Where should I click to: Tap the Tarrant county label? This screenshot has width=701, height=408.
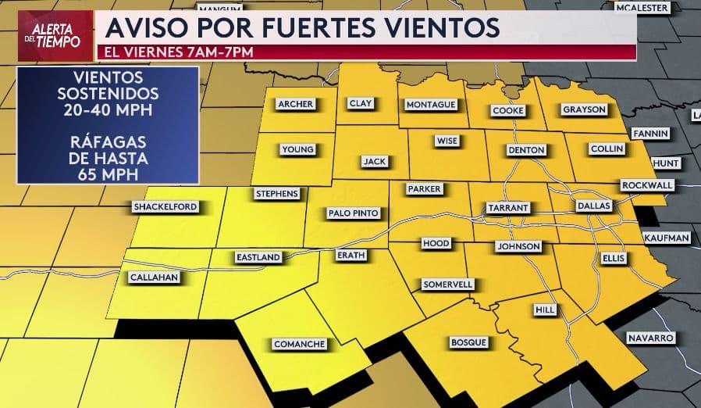(x=507, y=208)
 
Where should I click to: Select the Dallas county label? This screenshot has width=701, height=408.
(x=591, y=205)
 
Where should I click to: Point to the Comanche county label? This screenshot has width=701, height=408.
(x=298, y=344)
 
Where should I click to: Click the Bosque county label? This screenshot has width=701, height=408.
(x=468, y=342)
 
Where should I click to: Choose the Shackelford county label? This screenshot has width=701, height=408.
(x=165, y=207)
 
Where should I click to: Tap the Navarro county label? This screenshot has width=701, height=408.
(x=649, y=338)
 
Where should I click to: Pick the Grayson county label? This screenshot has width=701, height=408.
(x=584, y=109)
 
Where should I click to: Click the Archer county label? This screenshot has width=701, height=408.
(x=294, y=104)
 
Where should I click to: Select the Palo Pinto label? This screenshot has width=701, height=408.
(x=353, y=213)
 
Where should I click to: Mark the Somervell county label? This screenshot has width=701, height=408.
(x=447, y=285)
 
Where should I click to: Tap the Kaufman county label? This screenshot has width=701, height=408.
(x=667, y=238)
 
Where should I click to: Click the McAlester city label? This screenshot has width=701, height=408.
(x=642, y=7)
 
